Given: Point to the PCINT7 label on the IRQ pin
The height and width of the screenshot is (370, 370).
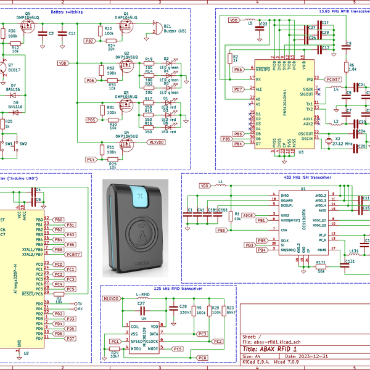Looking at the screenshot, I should coord(334,79).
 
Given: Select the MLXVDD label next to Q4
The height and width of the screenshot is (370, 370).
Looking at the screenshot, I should coord(155,142).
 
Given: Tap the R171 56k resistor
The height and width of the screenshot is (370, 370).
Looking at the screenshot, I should coord(321,267).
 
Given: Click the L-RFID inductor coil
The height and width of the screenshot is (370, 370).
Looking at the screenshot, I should coord(142,299).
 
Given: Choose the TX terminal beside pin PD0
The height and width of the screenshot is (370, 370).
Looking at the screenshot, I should coord(79,304).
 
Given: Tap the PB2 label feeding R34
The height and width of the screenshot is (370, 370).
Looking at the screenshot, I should coord(89,41).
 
